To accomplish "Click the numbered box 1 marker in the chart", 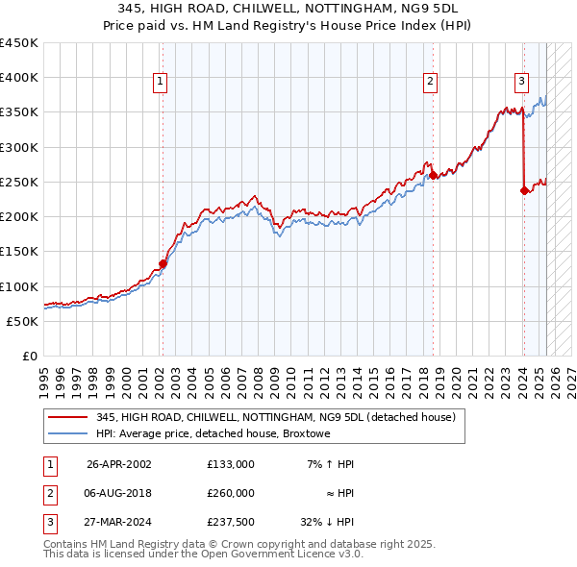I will (161, 82).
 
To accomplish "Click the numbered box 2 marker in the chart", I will (431, 82).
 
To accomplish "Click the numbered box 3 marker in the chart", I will (521, 82).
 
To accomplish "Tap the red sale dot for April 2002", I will (163, 263).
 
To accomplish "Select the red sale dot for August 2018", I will (434, 175).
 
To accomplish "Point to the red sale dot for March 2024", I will (524, 190).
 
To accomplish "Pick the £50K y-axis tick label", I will (22, 321).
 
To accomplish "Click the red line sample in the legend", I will (67, 416).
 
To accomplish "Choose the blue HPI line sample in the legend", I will (67, 433).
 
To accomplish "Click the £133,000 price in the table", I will (231, 464).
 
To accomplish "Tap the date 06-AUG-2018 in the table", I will (119, 493).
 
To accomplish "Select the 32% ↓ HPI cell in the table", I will (327, 522).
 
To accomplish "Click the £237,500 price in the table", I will (231, 522).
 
